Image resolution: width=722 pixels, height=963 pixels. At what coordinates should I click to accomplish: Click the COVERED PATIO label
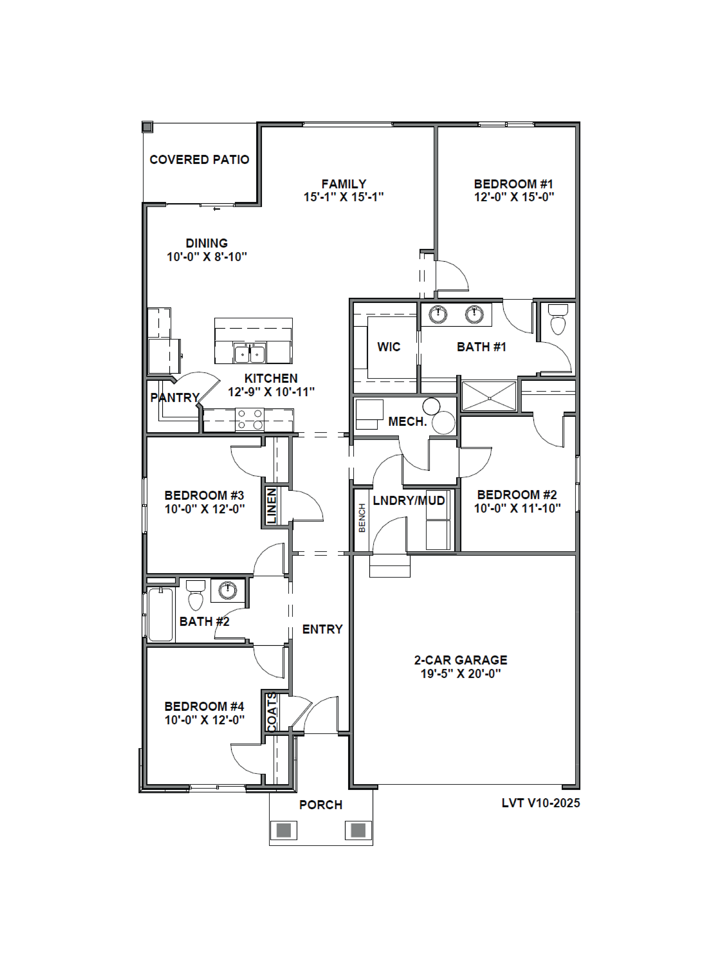199,160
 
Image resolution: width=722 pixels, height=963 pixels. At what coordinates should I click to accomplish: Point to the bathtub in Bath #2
161,614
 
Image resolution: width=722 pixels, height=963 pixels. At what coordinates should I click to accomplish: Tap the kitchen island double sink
250,353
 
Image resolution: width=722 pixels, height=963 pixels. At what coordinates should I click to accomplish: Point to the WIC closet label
389,347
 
